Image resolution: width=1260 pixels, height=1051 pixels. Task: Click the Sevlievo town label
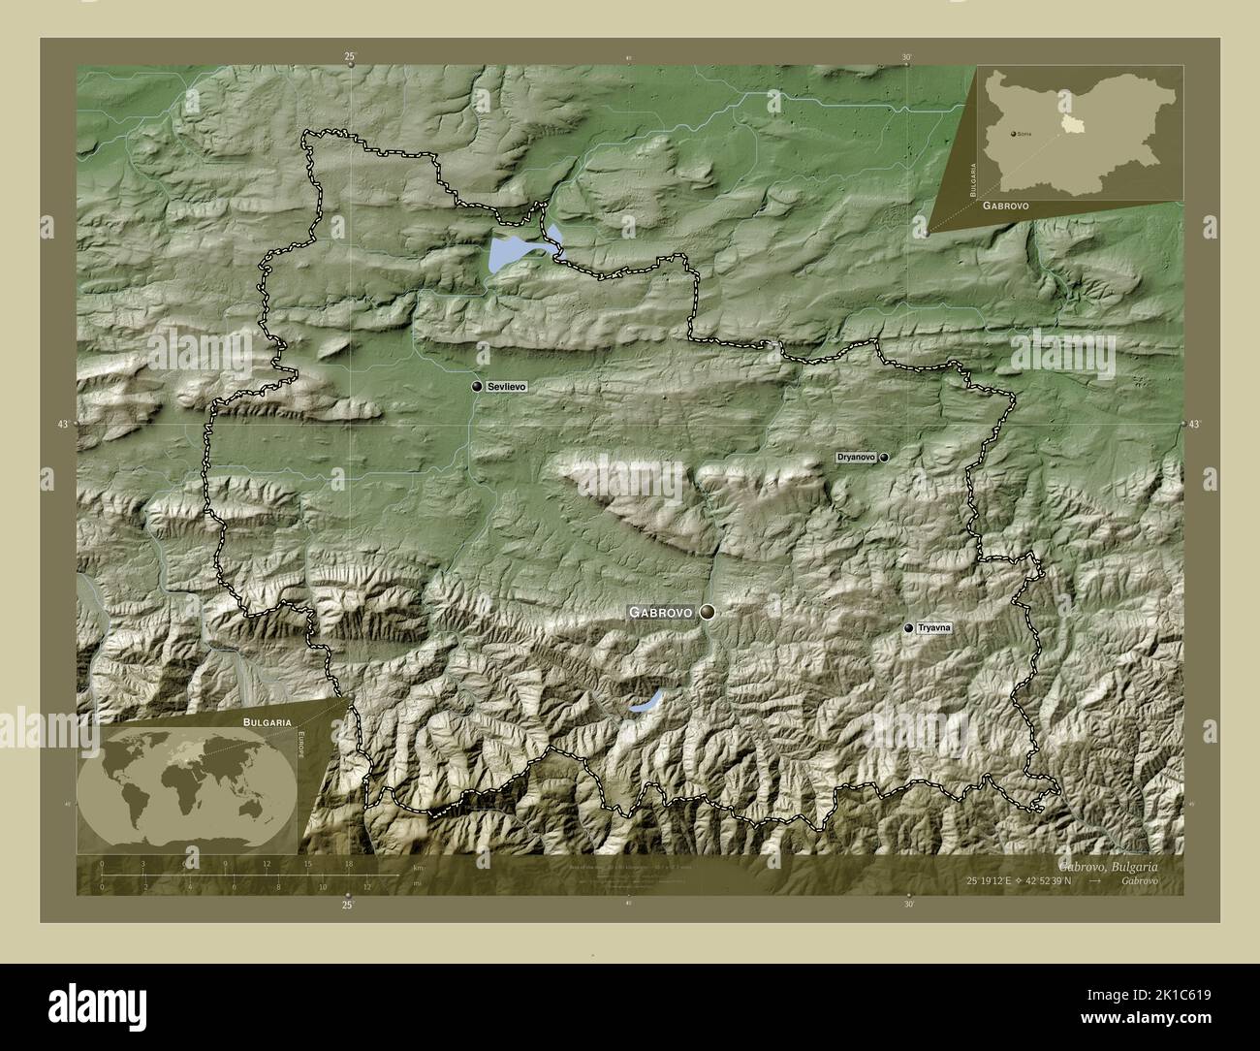[507, 386]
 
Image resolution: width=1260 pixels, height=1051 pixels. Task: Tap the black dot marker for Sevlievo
[477, 386]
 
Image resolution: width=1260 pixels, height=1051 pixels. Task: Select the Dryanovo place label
[856, 457]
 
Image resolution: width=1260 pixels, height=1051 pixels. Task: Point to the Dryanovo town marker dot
[884, 457]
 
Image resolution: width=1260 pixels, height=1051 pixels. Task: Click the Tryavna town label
[934, 628]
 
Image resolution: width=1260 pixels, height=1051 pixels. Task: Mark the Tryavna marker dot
[908, 628]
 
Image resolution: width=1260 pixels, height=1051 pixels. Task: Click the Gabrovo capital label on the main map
[660, 613]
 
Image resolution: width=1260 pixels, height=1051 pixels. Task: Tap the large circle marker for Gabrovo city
[709, 612]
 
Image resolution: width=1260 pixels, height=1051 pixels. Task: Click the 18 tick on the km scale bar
[348, 863]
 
